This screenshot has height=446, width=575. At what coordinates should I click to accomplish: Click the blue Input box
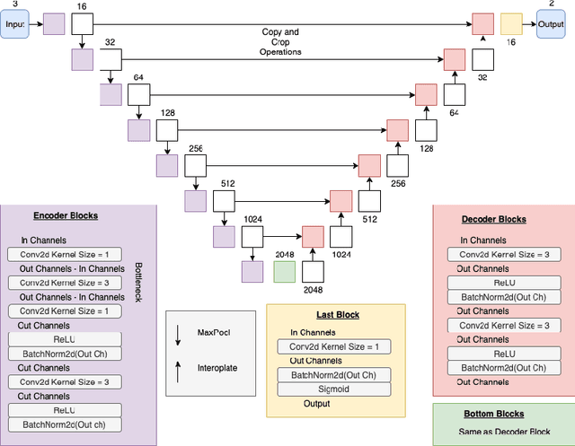coord(14,24)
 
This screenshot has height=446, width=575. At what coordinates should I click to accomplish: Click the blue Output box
coord(551,24)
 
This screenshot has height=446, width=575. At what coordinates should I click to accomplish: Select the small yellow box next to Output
coord(511,24)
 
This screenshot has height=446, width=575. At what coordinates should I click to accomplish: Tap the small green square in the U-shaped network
coord(284,272)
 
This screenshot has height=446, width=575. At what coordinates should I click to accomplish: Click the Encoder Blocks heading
coord(66,215)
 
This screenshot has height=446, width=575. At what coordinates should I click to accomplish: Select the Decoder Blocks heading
coord(493,219)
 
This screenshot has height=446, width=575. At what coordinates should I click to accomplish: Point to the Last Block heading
coord(337,315)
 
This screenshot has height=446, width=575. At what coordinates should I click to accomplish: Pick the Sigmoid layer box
coord(333,389)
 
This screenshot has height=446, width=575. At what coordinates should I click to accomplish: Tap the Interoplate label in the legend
coord(217,366)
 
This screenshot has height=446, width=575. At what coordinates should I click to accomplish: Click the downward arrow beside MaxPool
coord(179,334)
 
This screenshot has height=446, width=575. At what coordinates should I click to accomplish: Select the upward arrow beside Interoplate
coord(179,366)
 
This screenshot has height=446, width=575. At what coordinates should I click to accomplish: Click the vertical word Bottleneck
coord(137,282)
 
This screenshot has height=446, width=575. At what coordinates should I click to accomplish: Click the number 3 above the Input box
coord(13,4)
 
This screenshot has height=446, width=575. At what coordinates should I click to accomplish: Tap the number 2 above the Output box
coord(551,4)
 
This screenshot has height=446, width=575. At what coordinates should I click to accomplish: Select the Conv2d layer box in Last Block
coord(333,346)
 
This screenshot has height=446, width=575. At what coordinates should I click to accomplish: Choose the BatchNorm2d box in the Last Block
coord(333,375)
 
